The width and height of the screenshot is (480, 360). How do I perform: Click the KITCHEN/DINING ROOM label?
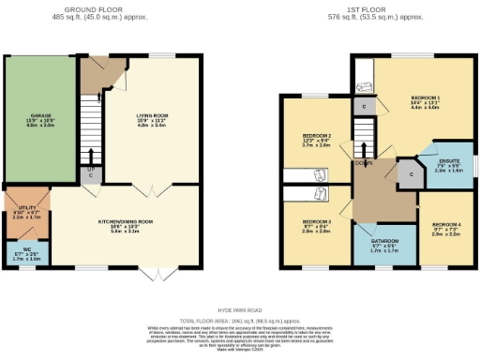click(x=126, y=222)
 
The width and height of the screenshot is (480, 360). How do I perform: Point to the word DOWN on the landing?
click(x=364, y=161)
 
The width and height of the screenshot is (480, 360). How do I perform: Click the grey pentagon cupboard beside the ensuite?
click(x=407, y=172)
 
